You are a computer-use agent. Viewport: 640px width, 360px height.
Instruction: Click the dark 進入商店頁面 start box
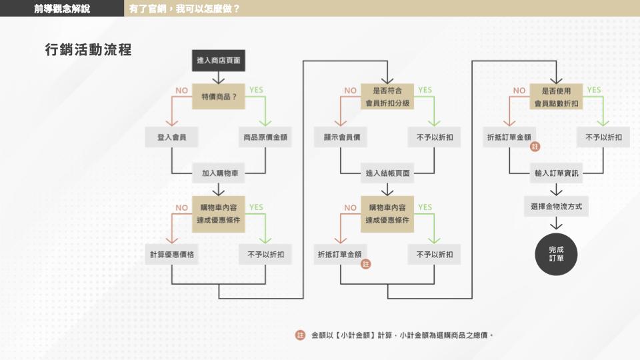point(218,61)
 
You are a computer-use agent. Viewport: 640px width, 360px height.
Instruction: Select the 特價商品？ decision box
point(219,96)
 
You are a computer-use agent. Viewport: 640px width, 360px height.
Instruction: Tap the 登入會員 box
point(171,137)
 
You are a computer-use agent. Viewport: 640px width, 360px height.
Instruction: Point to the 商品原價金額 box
point(265,137)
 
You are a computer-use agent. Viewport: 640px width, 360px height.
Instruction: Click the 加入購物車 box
point(219,173)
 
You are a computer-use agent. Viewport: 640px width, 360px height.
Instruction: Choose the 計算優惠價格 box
point(171,254)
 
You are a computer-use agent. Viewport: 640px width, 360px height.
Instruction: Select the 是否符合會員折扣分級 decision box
point(387,96)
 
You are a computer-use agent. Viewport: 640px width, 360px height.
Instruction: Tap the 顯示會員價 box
point(341,137)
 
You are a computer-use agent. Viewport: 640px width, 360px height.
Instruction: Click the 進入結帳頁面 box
point(387,173)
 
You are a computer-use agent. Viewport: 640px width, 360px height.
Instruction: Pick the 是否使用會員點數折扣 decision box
point(557,96)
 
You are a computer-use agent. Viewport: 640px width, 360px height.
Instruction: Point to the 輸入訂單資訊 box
point(557,173)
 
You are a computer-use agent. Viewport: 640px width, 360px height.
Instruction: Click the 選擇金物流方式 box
point(557,207)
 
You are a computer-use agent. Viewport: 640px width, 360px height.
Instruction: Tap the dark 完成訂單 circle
point(556,253)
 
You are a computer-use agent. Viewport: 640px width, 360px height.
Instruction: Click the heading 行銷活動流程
point(88,50)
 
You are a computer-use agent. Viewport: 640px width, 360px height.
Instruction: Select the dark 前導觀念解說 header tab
point(62,9)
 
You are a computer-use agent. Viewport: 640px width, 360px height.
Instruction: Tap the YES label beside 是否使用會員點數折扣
point(593,90)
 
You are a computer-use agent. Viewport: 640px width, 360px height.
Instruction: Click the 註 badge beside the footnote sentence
point(300,335)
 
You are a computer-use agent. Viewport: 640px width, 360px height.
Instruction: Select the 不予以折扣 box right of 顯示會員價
point(434,137)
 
